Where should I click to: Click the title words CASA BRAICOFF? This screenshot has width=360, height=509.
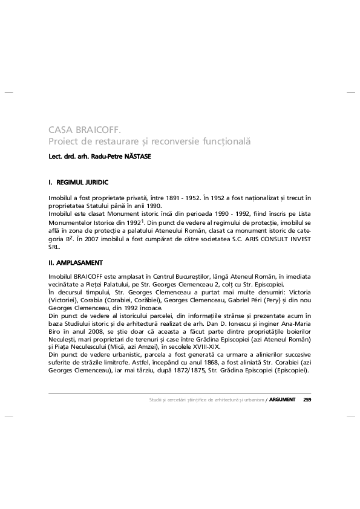pos(85,129)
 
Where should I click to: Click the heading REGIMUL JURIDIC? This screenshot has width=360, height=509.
pos(83,181)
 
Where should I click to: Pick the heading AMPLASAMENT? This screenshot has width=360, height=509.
pos(80,263)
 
